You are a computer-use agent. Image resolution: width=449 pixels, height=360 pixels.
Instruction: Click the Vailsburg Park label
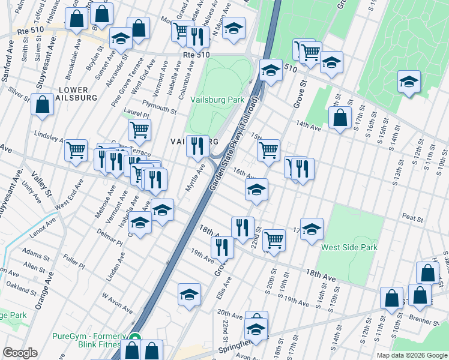click(217, 100)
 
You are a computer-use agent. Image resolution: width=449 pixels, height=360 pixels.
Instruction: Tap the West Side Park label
click(349, 247)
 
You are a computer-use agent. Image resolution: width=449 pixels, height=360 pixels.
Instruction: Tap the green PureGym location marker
click(136, 338)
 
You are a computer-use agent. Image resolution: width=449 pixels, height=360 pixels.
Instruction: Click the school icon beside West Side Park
click(312, 229)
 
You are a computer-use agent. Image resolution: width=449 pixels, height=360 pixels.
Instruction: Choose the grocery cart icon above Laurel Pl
click(139, 128)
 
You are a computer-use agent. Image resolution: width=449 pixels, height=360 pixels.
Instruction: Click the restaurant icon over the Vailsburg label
click(197, 146)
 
